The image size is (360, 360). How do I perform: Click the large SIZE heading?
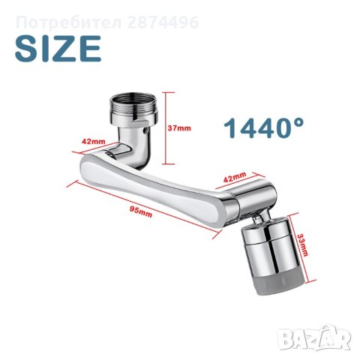58,49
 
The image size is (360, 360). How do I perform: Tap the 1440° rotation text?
264,128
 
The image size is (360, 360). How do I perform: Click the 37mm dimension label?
179,128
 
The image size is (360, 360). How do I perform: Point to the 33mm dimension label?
303,245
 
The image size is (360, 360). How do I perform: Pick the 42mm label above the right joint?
234,177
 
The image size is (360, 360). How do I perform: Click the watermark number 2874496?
163,22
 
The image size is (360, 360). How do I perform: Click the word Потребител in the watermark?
69,22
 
